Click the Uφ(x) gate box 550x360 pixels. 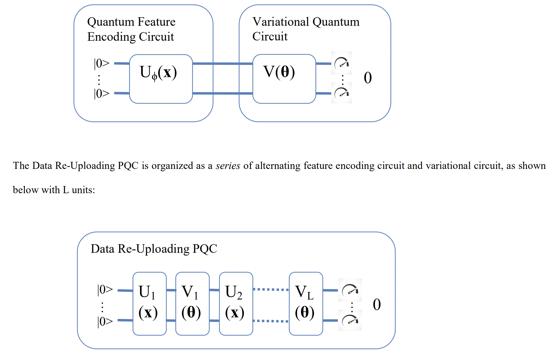pyautogui.click(x=161, y=79)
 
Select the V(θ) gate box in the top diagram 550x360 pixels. pyautogui.click(x=284, y=79)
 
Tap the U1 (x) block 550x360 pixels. pyautogui.click(x=149, y=303)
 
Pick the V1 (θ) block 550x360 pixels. pyautogui.click(x=192, y=303)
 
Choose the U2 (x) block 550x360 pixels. pyautogui.click(x=236, y=303)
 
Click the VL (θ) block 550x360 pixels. pyautogui.click(x=306, y=303)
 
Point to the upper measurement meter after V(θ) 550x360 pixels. pyautogui.click(x=341, y=63)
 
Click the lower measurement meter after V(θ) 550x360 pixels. pyautogui.click(x=341, y=93)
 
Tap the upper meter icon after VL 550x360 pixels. pyautogui.click(x=350, y=290)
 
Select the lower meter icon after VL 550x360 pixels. pyautogui.click(x=350, y=320)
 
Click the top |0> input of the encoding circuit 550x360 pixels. pyautogui.click(x=102, y=63)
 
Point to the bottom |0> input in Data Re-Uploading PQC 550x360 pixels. pyautogui.click(x=105, y=321)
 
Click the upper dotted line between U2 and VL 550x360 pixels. pyautogui.click(x=271, y=290)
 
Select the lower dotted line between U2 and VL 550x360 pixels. pyautogui.click(x=271, y=321)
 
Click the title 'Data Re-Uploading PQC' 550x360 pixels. pyautogui.click(x=154, y=249)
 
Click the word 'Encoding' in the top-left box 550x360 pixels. pyautogui.click(x=111, y=37)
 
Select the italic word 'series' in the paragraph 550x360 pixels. pyautogui.click(x=228, y=166)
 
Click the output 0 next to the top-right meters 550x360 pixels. pyautogui.click(x=368, y=78)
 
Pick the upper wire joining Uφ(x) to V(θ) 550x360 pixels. pyautogui.click(x=223, y=63)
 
